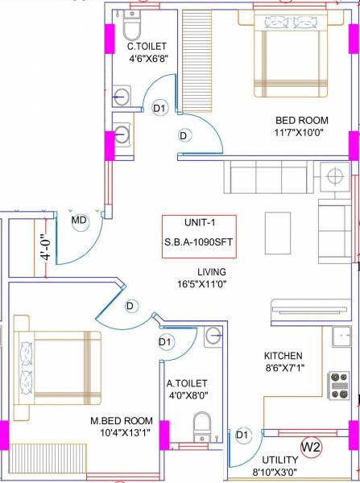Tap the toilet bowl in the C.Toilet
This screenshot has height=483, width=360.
tap(133, 30)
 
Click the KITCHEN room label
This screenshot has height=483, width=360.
tap(283, 355)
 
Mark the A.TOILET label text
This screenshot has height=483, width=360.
tap(188, 383)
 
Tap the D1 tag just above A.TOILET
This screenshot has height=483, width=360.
tap(166, 343)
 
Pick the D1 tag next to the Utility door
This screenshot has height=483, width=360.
tap(242, 435)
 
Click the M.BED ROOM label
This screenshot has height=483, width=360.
tap(123, 421)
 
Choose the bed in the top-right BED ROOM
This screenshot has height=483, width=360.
tap(291, 58)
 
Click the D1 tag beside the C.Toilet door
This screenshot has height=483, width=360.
tap(160, 107)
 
